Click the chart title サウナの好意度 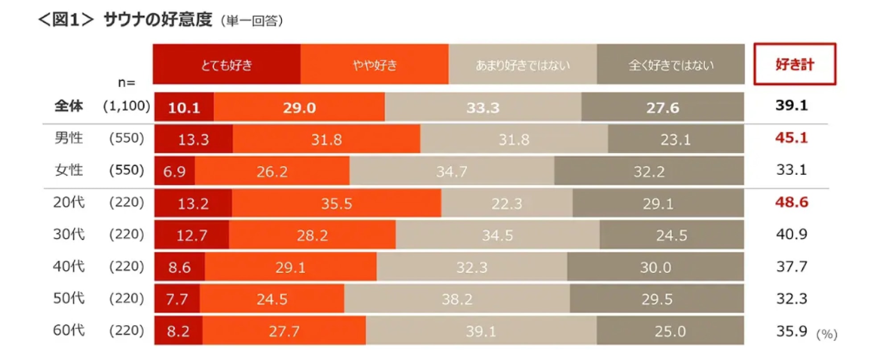[x=157, y=20]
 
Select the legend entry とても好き [x=227, y=64]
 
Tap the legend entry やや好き [x=375, y=64]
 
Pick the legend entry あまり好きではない [x=523, y=64]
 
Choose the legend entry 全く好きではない [x=671, y=64]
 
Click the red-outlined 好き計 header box [x=795, y=64]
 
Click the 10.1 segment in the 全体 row [x=184, y=107]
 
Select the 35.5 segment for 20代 [x=337, y=203]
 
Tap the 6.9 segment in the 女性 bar [x=175, y=171]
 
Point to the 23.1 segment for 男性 [x=676, y=139]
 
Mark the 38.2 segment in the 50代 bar [x=457, y=299]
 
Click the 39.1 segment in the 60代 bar [x=481, y=331]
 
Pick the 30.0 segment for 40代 [x=655, y=267]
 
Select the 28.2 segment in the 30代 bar [x=312, y=235]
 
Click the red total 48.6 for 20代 [x=791, y=202]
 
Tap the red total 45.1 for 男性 [x=791, y=138]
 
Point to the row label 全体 [x=69, y=106]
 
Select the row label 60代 [x=69, y=330]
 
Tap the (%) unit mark [x=826, y=334]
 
